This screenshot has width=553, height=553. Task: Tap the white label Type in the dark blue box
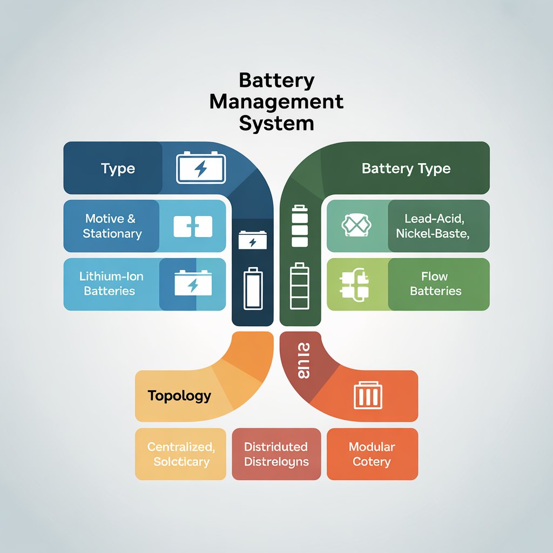(x=118, y=168)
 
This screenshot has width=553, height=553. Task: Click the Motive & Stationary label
(x=112, y=226)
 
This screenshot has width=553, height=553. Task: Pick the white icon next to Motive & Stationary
(x=193, y=227)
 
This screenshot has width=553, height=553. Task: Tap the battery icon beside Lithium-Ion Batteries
(x=193, y=283)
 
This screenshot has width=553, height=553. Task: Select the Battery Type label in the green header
(x=406, y=168)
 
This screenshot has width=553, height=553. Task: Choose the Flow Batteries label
(x=435, y=284)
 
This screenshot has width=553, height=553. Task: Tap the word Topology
(x=179, y=396)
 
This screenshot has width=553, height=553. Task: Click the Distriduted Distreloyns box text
(x=276, y=454)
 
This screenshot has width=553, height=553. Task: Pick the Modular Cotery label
(x=372, y=454)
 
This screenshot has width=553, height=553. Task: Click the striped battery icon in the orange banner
(x=368, y=396)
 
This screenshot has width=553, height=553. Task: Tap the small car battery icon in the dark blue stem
(x=252, y=239)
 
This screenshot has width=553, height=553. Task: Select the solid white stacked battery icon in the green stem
(x=299, y=225)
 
